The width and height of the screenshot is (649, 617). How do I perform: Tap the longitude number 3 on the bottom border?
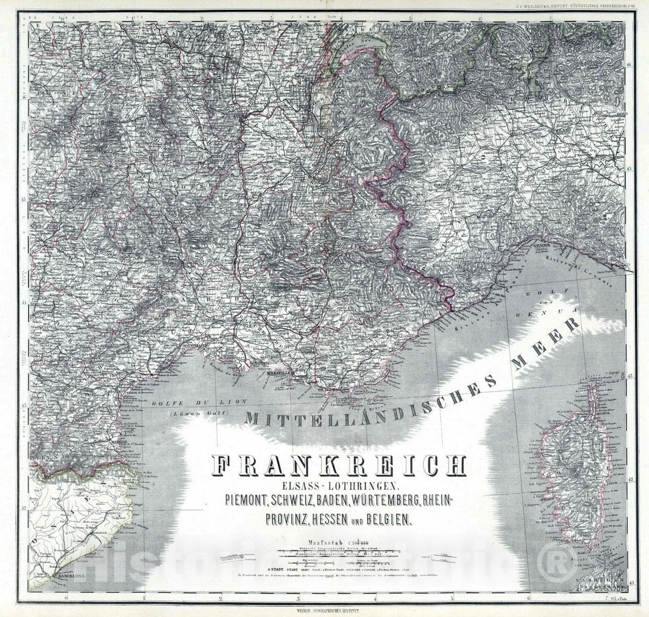coord(298,599)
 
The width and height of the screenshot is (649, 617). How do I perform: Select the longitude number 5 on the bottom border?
coord(452,599)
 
